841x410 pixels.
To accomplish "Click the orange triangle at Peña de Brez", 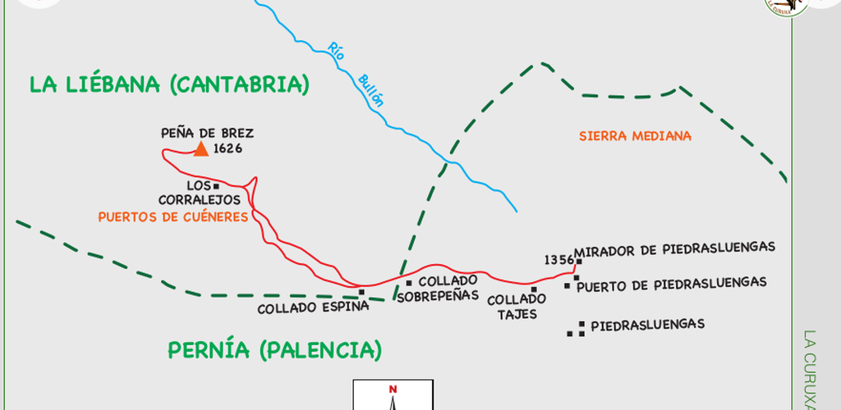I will point(200,148).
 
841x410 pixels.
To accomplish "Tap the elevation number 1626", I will point(228,148).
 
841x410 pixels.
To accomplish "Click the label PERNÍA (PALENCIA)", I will point(274,350).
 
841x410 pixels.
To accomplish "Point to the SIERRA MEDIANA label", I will point(634,136).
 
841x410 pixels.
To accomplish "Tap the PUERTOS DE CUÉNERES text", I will point(172,216).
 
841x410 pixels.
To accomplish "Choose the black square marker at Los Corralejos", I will point(216,185).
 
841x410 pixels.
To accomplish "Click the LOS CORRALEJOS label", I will point(202,193).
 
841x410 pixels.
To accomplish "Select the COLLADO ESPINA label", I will point(313,309).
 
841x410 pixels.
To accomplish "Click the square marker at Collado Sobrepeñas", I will point(409,283).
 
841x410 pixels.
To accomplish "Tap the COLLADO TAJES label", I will point(517,307).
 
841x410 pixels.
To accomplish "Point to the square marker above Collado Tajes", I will point(533,289).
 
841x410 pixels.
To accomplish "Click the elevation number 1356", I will point(558,260).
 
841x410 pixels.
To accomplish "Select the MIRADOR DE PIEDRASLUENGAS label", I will point(675,248).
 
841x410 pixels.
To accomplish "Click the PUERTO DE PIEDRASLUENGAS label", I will point(671,283).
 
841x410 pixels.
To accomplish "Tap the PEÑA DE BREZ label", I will point(207,132).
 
